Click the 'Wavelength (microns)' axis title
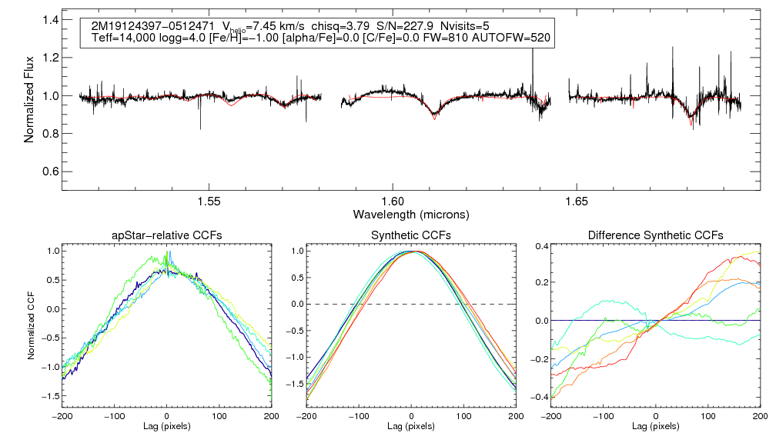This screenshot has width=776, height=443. [x=411, y=213]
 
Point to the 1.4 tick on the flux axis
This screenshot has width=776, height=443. [x=51, y=20]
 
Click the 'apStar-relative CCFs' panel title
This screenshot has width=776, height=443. [x=167, y=235]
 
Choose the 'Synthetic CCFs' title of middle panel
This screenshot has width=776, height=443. [x=411, y=235]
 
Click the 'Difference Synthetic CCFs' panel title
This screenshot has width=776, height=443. [x=655, y=235]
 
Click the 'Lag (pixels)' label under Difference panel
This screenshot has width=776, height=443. [x=655, y=425]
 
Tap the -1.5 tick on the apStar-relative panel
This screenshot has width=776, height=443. [x=50, y=395]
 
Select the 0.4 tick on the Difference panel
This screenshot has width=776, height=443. [x=540, y=246]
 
